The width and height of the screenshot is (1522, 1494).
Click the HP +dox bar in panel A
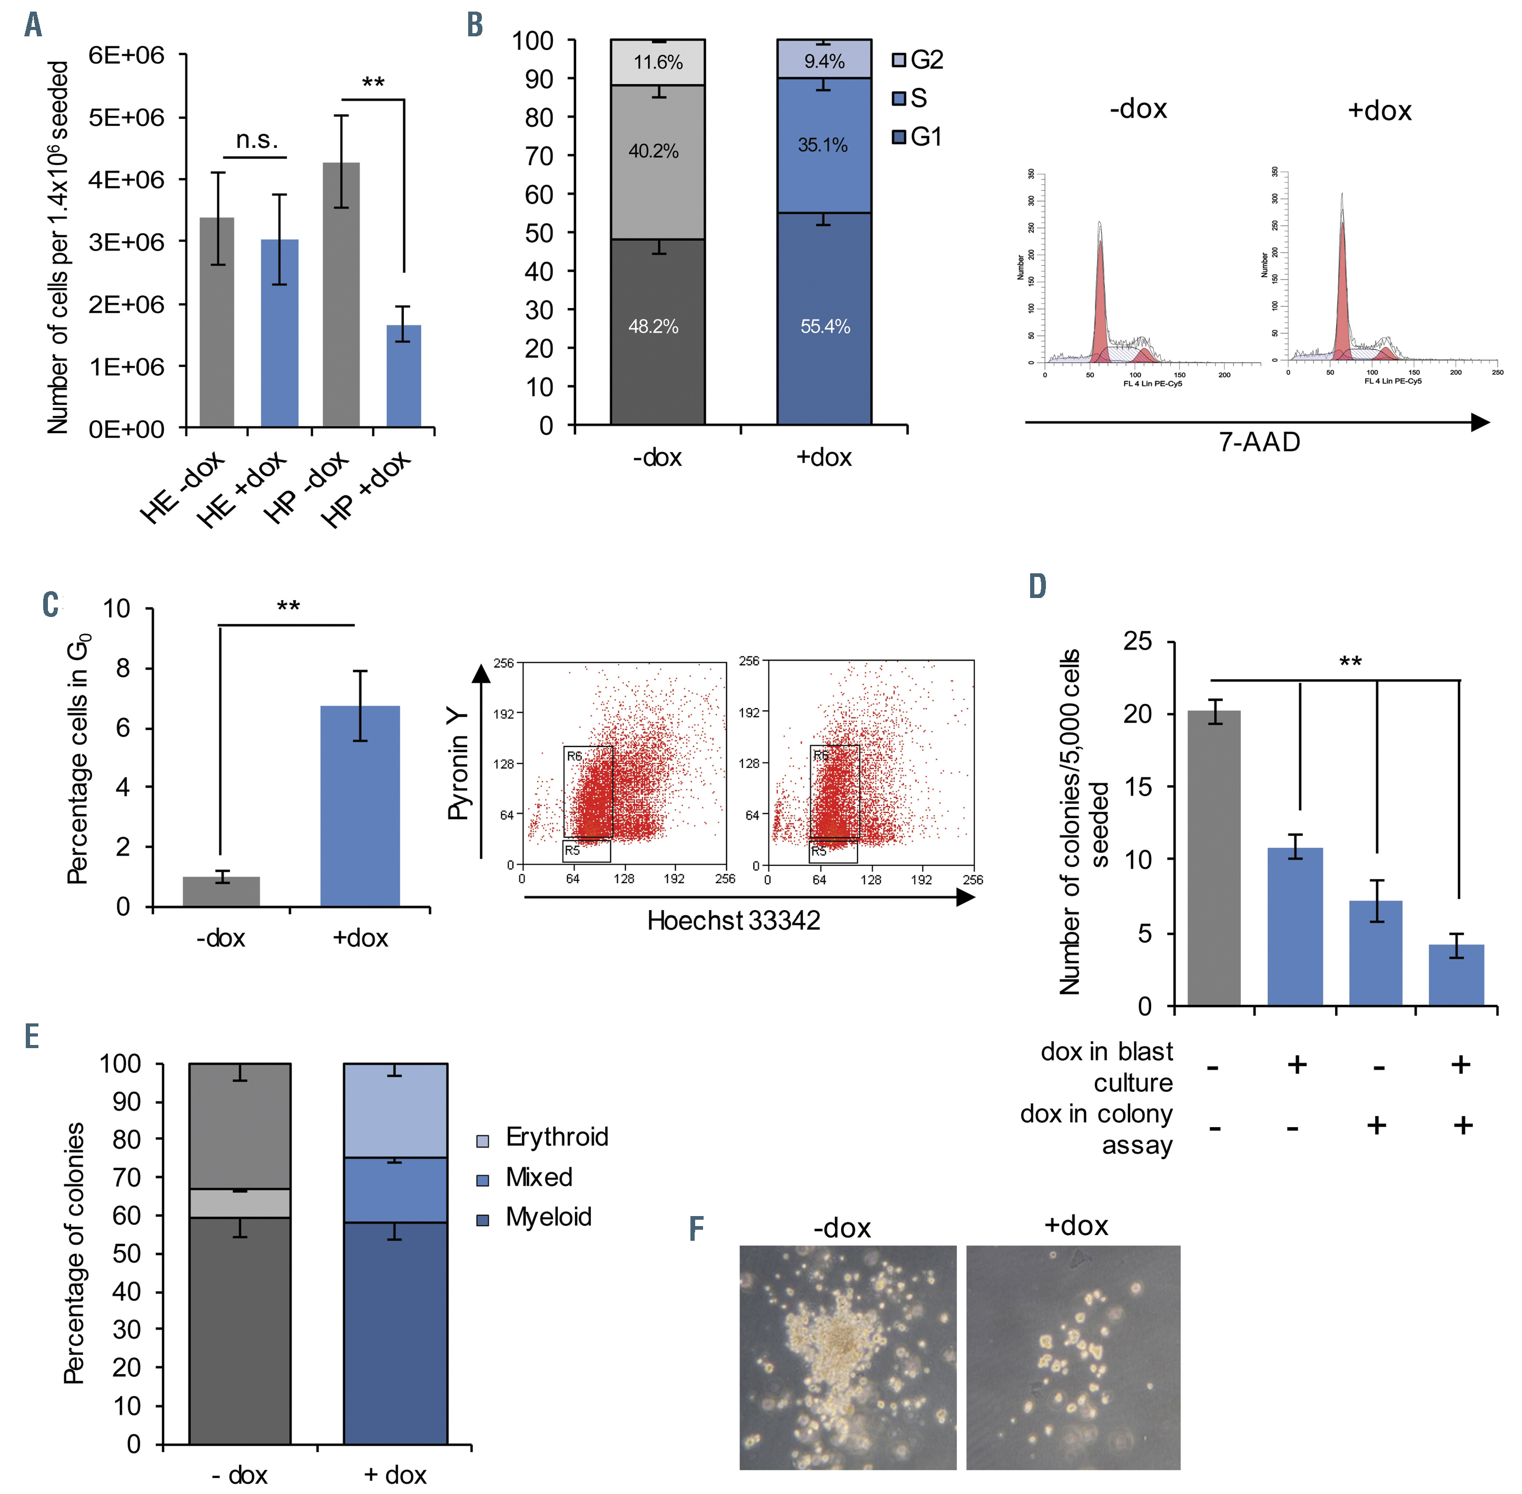pyautogui.click(x=403, y=376)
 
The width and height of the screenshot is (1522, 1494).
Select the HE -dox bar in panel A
pyautogui.click(x=216, y=322)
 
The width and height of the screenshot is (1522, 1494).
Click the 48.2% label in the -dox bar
pyautogui.click(x=653, y=326)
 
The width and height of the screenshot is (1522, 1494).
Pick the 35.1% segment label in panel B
pyautogui.click(x=823, y=145)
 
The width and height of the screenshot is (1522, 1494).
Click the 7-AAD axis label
pyautogui.click(x=1259, y=443)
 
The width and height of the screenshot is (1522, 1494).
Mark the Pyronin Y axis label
pyautogui.click(x=458, y=764)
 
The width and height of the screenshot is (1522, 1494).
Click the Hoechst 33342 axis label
pyautogui.click(x=733, y=920)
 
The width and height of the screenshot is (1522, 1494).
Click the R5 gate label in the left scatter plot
pyautogui.click(x=572, y=851)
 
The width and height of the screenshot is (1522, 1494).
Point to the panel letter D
pyautogui.click(x=1037, y=586)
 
